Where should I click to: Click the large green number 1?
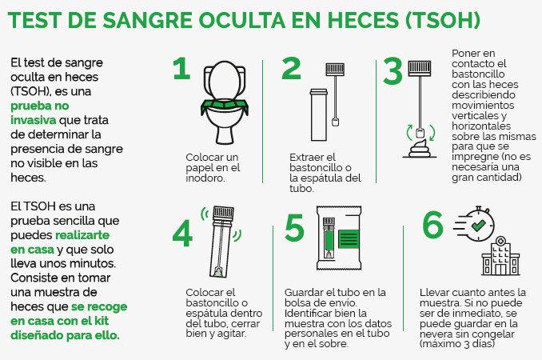[182, 70]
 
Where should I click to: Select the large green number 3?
[393, 71]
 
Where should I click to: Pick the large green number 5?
[295, 228]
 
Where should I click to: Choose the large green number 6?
[432, 226]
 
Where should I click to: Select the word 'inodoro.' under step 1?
[205, 178]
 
